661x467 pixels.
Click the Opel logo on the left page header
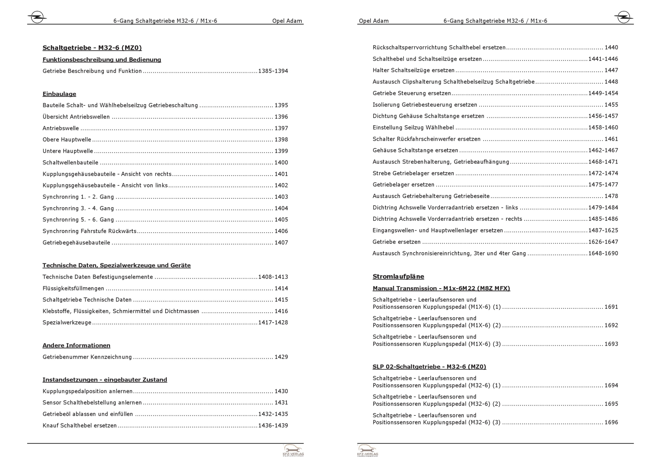37,17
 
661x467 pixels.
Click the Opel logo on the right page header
623,17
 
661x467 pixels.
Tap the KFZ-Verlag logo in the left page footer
293,450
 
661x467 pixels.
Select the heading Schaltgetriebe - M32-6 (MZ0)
92,48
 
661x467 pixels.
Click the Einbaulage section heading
59,94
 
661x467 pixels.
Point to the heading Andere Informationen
76,345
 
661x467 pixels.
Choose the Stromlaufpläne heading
398,277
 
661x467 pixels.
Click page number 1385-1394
273,71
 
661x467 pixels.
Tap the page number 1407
281,243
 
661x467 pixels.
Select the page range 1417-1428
273,323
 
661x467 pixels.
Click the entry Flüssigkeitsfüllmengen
73,289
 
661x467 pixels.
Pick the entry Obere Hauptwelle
67,140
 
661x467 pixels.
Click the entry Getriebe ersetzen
397,242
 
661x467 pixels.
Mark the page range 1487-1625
603,230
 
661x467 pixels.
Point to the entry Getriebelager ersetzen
404,185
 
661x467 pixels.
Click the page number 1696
611,422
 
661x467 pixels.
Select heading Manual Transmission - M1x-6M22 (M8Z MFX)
441,289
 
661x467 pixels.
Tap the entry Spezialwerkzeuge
67,323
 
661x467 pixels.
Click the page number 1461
611,139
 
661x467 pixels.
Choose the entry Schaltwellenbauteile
70,163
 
